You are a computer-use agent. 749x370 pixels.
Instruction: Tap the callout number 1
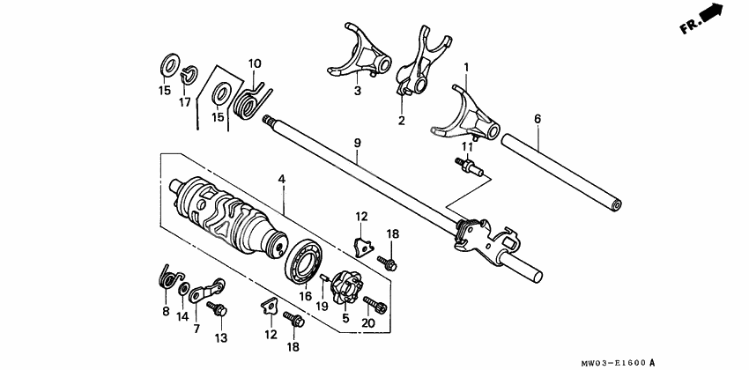click(466, 67)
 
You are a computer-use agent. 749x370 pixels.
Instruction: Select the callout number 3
click(358, 91)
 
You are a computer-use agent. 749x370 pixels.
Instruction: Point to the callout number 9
click(358, 143)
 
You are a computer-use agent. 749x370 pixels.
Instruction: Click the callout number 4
click(281, 180)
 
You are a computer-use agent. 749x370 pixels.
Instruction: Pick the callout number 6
click(538, 118)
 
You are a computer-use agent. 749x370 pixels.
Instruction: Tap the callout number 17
click(185, 102)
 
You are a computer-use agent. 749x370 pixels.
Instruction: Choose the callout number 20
click(367, 324)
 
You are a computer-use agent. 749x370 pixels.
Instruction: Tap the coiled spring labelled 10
click(250, 100)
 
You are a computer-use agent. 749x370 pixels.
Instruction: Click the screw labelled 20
click(377, 305)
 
